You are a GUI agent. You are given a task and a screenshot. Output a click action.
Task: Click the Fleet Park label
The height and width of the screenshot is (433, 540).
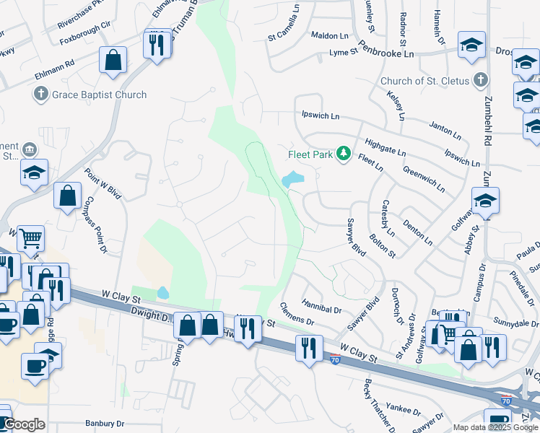point(309,153)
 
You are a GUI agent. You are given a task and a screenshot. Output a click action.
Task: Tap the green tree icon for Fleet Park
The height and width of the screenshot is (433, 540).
point(344,153)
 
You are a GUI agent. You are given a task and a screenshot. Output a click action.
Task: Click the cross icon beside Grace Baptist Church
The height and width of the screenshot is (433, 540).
point(40,94)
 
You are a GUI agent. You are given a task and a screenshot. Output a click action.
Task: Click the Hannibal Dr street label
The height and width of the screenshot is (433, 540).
point(321,309)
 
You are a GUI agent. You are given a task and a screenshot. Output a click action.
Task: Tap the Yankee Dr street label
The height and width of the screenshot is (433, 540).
point(404,410)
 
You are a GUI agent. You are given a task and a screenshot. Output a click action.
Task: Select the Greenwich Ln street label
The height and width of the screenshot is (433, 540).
point(424,179)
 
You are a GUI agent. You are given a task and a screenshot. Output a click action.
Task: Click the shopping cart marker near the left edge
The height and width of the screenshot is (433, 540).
point(30,238)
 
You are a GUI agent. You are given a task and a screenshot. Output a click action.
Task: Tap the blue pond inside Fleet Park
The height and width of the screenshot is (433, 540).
point(293,178)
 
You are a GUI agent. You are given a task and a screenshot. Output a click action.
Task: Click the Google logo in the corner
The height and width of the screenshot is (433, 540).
point(24,424)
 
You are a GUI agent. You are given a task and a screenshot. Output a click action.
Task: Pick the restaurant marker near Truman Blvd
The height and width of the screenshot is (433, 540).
point(157,45)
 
